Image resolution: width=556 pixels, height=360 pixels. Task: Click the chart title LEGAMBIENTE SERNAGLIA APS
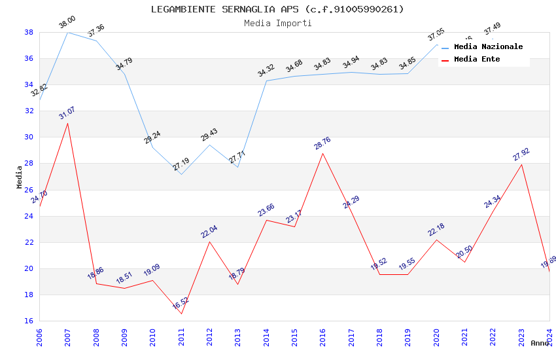[x=277, y=9]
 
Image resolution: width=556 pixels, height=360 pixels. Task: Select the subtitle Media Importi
[x=277, y=23]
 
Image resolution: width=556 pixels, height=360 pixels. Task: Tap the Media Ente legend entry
[x=477, y=60]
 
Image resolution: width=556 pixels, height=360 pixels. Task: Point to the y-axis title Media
[x=20, y=177]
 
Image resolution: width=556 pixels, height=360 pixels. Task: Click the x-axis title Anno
[x=540, y=343]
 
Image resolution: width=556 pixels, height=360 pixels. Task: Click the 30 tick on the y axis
[x=29, y=137]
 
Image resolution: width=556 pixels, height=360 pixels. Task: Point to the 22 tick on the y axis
[x=29, y=242]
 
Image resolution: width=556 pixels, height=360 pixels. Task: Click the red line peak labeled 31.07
[x=67, y=123]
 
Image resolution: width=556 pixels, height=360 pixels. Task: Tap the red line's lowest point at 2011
[x=181, y=314]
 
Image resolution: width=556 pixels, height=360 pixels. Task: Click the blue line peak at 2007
[x=67, y=32]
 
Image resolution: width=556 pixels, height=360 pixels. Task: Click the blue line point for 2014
[x=266, y=81]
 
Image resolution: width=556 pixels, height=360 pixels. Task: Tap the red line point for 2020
[x=436, y=240]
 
